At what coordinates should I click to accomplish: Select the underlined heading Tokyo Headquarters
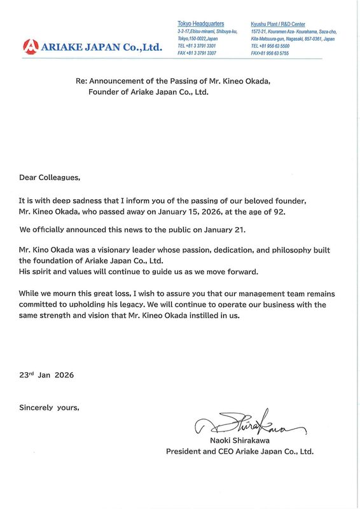point(200,24)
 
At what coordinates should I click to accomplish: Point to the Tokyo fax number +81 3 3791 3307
point(198,53)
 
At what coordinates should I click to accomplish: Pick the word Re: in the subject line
point(81,81)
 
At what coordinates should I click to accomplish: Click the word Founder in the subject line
point(104,92)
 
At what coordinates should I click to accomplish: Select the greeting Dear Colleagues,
point(50,179)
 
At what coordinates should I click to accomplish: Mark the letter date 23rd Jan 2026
point(46,375)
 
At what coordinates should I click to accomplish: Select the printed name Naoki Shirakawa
point(239,440)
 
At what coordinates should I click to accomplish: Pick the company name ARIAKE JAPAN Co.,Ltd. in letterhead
point(101,46)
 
